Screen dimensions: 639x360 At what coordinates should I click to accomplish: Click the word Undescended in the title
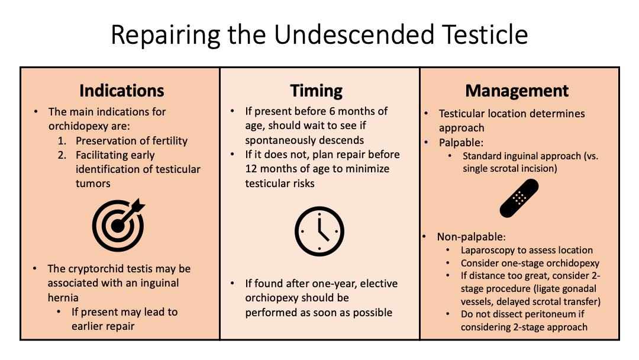pos(354,35)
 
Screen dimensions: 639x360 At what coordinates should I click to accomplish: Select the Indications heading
pos(122,91)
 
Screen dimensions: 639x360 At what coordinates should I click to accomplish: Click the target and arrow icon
pos(118,224)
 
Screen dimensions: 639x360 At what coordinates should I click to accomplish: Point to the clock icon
pos(319,231)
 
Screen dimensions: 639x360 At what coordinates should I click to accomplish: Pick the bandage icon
pos(519,198)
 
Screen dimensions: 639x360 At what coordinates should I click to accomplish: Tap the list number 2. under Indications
pos(62,155)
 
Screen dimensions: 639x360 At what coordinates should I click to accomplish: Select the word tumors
pos(93,184)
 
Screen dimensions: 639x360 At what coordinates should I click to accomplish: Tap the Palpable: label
pos(461,143)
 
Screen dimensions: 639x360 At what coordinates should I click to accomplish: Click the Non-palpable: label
pos(471,237)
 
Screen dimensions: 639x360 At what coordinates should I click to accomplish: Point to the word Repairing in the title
pos(165,36)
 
